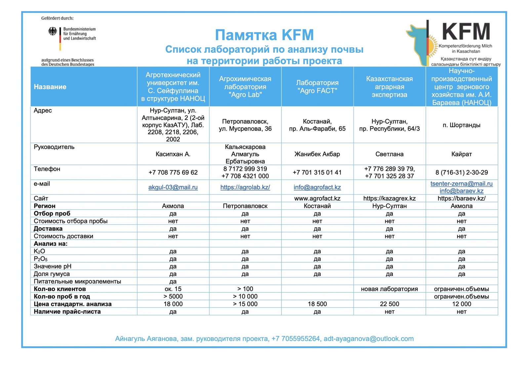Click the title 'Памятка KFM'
coord(264,35)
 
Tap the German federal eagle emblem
coord(53,32)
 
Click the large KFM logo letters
coord(466,32)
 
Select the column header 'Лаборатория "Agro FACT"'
coord(317,87)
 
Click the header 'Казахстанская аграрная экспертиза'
coord(389,87)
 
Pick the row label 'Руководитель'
coord(54,147)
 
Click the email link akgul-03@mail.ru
coord(173,187)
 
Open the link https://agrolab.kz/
coord(245,187)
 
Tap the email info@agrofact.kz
coord(317,187)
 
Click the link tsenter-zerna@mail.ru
coord(461,184)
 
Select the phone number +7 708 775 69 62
coord(173,172)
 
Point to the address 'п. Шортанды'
coord(461,125)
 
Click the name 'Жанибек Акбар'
coord(317,154)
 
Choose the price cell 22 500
coord(389,304)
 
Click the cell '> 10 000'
coord(245,296)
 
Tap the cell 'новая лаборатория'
coord(389,289)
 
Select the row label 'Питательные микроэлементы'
coord(77,281)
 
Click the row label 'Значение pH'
coord(53,266)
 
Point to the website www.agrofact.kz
coord(317,199)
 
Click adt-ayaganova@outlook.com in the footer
coord(368,339)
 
